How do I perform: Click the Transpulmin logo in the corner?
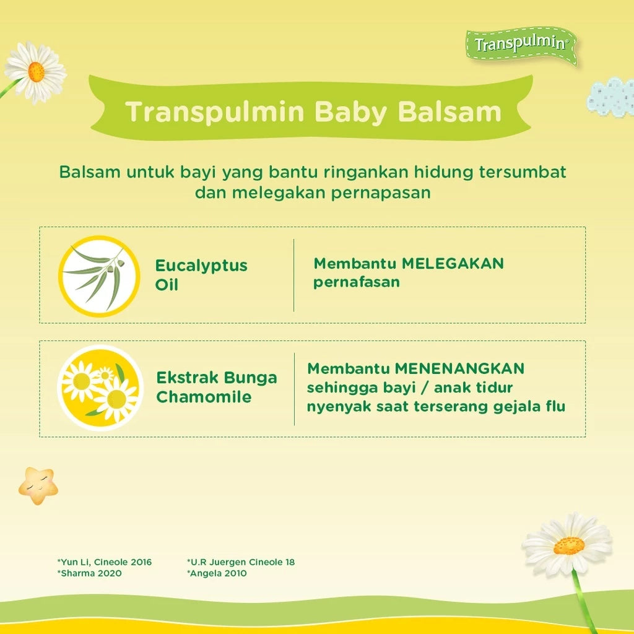coord(521,45)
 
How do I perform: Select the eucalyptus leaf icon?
coord(98,276)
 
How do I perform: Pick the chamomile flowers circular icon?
coord(100,388)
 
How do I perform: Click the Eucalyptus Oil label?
coord(201,275)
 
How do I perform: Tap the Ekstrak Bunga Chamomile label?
coord(216,387)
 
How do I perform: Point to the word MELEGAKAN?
coord(453,264)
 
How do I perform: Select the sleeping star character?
coord(38,485)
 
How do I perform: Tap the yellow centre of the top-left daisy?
coord(36,71)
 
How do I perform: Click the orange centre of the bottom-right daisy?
coord(568,545)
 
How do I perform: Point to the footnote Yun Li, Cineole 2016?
coord(105,562)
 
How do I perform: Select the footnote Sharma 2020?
coord(90,573)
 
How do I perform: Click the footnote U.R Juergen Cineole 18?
coord(241,562)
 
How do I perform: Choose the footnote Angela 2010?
coord(217,573)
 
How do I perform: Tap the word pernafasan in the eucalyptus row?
coord(356,282)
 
